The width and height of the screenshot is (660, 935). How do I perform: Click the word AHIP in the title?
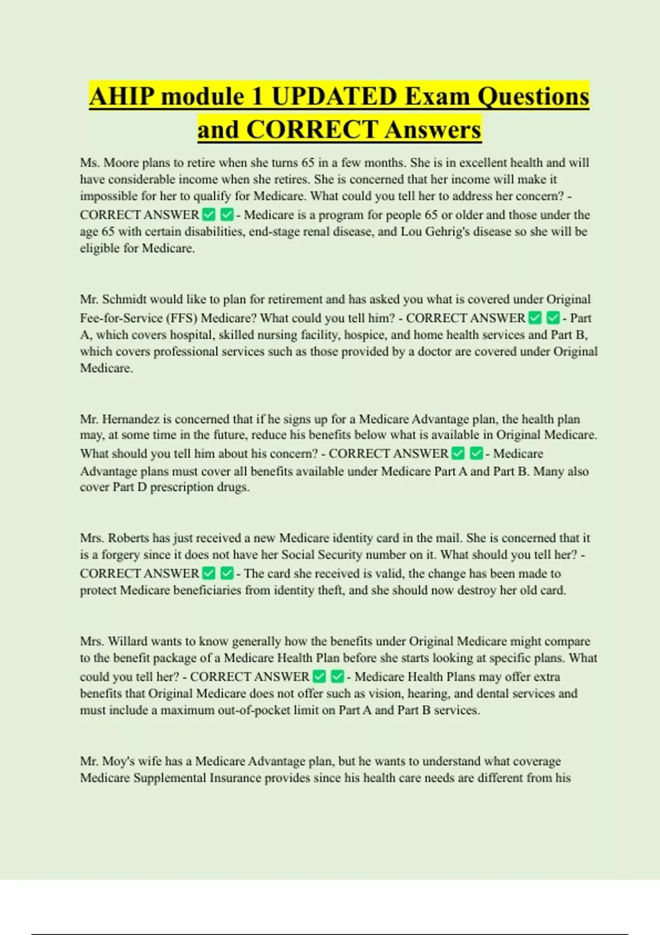(x=122, y=97)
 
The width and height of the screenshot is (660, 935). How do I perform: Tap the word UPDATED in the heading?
(x=334, y=97)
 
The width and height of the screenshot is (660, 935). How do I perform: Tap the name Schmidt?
(x=124, y=300)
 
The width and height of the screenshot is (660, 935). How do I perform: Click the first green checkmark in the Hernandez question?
(x=458, y=454)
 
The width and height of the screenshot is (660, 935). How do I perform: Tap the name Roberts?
(x=128, y=538)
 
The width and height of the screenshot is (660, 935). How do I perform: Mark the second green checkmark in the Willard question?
(x=338, y=676)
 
